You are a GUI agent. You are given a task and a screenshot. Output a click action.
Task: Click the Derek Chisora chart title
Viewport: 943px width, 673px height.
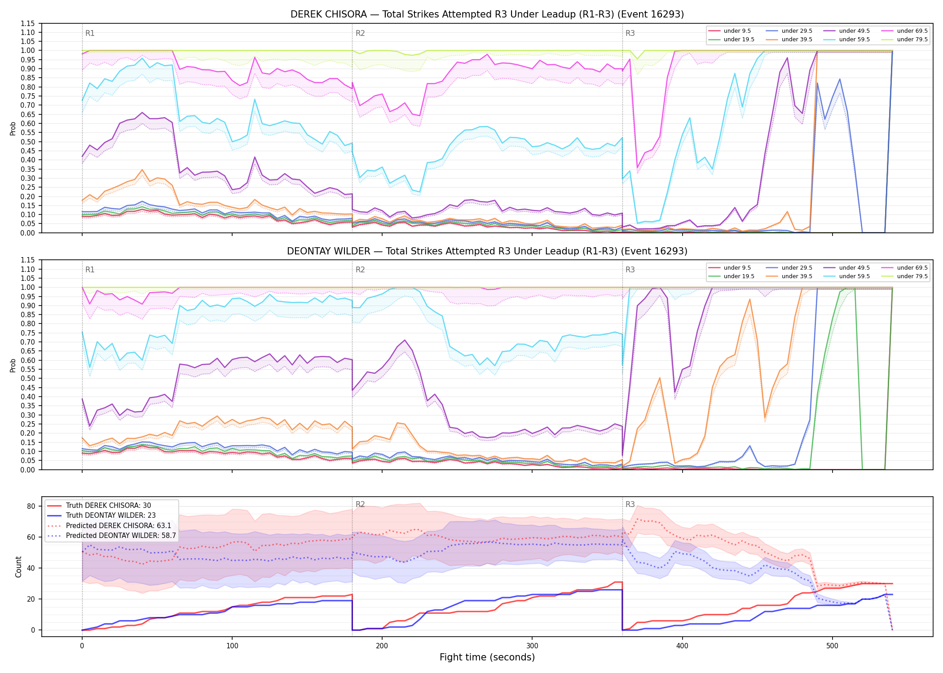pyautogui.click(x=487, y=14)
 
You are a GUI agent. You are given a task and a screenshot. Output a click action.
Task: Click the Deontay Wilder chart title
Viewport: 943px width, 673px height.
pyautogui.click(x=487, y=251)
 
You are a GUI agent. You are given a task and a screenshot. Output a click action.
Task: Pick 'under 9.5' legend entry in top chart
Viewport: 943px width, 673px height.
pyautogui.click(x=729, y=31)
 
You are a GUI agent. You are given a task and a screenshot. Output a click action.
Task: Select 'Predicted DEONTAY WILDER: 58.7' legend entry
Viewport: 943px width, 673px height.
pyautogui.click(x=112, y=535)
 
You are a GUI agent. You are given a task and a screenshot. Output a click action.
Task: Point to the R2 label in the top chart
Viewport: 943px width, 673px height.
pyautogui.click(x=360, y=33)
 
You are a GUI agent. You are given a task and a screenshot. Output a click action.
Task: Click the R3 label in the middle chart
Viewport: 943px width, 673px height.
pyautogui.click(x=630, y=270)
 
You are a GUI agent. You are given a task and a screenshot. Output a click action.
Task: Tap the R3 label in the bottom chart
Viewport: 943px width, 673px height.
pyautogui.click(x=630, y=504)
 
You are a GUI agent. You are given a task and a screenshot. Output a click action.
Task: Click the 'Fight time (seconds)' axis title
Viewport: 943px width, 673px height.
pyautogui.click(x=487, y=657)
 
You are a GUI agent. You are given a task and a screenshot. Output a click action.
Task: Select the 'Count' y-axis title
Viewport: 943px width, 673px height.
pyautogui.click(x=18, y=567)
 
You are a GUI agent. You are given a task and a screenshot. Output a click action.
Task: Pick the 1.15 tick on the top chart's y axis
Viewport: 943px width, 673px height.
pyautogui.click(x=28, y=23)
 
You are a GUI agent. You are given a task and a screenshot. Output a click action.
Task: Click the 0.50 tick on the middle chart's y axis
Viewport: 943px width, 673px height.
pyautogui.click(x=28, y=378)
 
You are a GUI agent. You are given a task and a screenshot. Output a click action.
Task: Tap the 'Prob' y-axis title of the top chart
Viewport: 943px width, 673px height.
pyautogui.click(x=13, y=128)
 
